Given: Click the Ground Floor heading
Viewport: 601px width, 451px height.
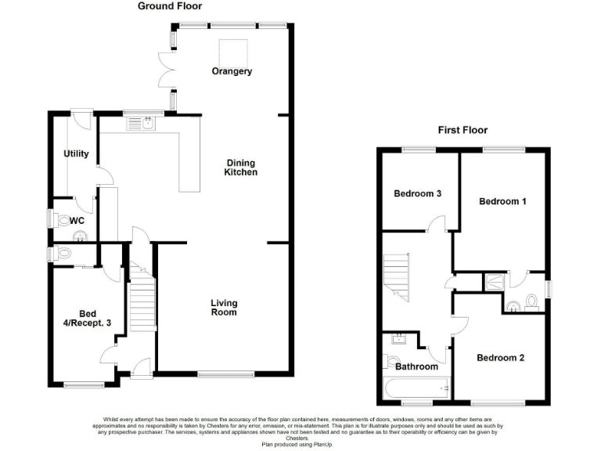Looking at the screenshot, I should click(x=170, y=6).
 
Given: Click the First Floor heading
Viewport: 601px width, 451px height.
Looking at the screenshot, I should click(x=462, y=130).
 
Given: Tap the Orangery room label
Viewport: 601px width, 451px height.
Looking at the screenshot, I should click(x=232, y=71).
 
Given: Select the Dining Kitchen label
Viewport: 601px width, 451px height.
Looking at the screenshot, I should click(x=241, y=167).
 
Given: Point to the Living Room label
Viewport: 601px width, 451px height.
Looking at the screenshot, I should click(x=224, y=308).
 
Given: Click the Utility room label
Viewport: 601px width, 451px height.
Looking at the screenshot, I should click(x=76, y=153).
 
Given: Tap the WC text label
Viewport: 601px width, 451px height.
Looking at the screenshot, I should click(x=77, y=221).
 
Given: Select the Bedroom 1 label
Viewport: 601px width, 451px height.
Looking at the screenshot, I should click(x=502, y=201).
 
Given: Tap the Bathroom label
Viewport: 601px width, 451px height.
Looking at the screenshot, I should click(x=416, y=366).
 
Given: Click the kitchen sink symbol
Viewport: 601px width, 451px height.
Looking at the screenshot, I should click(x=141, y=122).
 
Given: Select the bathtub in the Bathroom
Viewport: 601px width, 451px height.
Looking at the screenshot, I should click(x=416, y=388).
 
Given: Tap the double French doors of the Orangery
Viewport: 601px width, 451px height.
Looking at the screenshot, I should click(x=166, y=69).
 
